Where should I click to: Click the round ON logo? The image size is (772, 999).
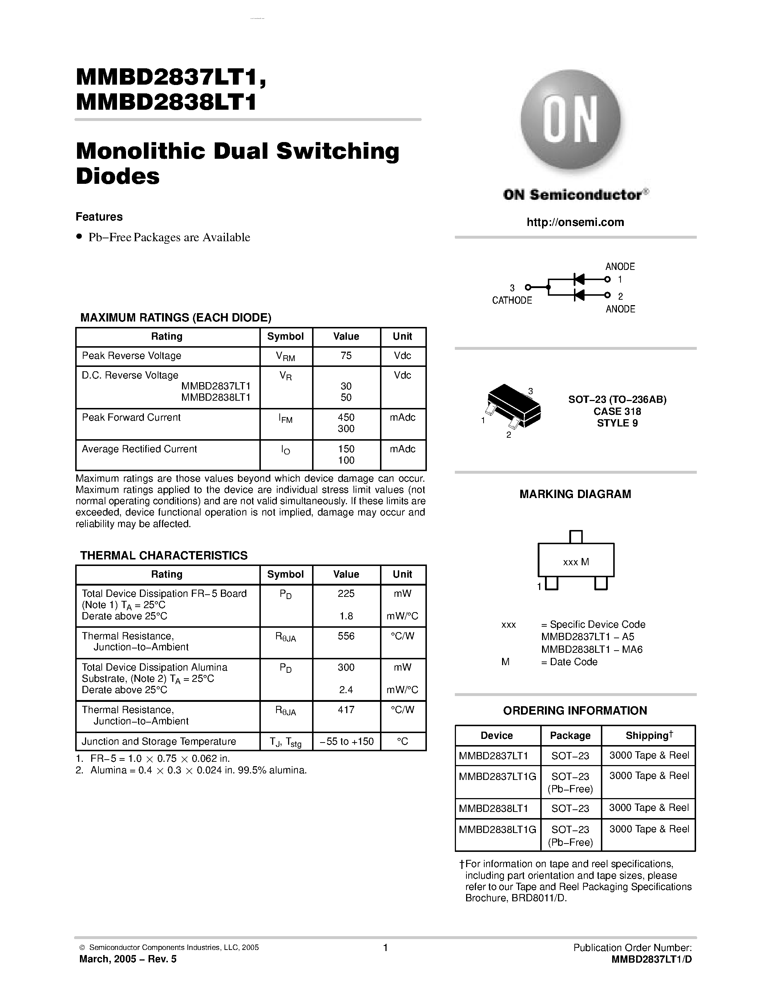(571, 120)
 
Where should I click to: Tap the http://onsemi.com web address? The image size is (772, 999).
(575, 222)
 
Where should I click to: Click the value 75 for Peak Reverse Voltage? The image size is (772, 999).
(346, 356)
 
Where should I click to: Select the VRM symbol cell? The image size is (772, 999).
(286, 356)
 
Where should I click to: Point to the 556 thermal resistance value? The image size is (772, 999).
(346, 636)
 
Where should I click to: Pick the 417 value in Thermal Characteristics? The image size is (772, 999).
(346, 709)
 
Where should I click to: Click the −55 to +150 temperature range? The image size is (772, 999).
(346, 741)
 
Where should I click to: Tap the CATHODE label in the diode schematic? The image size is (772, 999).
(512, 300)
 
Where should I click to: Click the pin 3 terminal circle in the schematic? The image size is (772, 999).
(528, 287)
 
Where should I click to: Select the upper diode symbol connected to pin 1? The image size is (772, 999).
(579, 279)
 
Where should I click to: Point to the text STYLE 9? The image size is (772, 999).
(617, 423)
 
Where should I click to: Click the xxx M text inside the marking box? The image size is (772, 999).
(576, 562)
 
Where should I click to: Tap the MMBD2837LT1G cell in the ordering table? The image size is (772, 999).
(497, 776)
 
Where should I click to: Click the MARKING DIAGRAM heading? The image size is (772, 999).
(575, 494)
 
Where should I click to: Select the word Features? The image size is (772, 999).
(99, 217)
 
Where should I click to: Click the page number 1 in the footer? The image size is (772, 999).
(385, 947)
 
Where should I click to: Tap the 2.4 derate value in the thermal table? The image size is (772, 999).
(346, 689)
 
